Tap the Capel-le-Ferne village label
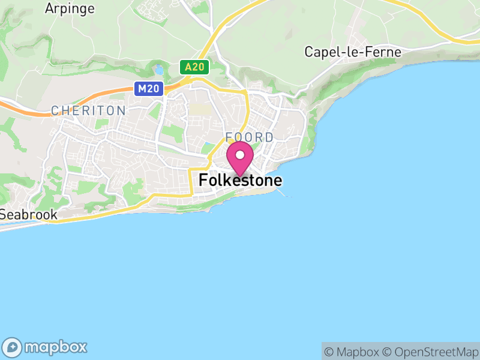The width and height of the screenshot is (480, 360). click(353, 52)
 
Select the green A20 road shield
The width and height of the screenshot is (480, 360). click(194, 67)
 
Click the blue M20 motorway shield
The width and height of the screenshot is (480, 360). click(148, 89)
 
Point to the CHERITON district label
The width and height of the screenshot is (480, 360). click(88, 110)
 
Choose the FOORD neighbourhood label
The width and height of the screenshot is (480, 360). click(250, 137)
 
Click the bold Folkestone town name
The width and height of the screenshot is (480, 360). click(240, 180)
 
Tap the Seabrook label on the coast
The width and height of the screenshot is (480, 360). click(28, 214)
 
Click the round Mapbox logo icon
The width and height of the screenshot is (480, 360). click(13, 347)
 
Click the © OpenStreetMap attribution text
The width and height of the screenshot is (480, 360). click(431, 352)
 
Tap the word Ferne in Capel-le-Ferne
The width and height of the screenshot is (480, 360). click(386, 52)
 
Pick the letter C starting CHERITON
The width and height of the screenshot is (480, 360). click(55, 110)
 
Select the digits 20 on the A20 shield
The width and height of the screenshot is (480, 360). click(199, 67)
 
